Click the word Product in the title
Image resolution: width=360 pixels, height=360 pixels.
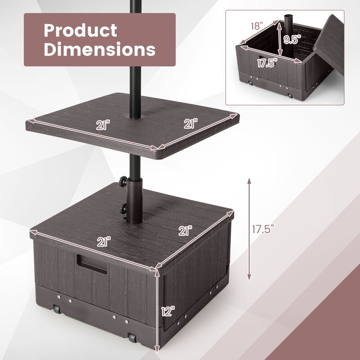point(81,31)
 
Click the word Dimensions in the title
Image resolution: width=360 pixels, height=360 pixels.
point(99,49)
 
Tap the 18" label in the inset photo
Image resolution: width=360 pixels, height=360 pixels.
point(257,26)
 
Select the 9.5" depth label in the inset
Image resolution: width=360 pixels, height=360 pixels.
point(292,39)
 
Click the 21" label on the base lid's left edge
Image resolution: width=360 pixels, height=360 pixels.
point(103,242)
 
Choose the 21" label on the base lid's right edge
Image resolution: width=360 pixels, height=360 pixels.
point(184,231)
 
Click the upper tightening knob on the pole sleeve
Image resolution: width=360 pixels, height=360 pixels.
point(122,181)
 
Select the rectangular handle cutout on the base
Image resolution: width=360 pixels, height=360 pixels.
point(92,264)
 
